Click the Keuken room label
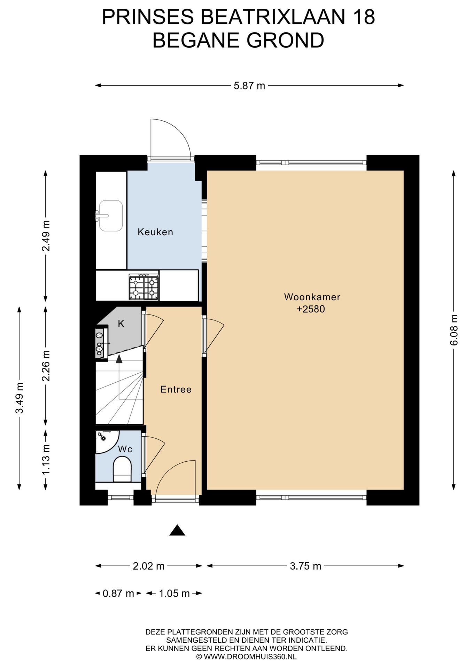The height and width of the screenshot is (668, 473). [155, 232]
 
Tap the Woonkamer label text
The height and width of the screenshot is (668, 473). [312, 297]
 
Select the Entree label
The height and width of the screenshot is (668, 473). [176, 389]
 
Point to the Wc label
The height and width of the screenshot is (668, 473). [125, 449]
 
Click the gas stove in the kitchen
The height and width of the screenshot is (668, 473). [144, 287]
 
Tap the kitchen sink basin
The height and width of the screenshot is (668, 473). [111, 216]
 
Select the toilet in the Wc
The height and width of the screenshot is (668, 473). [122, 469]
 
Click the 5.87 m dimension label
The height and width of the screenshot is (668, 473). [249, 86]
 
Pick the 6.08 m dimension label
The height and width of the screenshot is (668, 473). [453, 330]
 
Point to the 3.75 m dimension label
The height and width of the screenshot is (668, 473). [305, 566]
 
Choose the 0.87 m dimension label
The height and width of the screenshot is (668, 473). [118, 593]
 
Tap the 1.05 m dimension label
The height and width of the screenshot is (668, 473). [174, 593]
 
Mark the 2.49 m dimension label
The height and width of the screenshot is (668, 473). [46, 236]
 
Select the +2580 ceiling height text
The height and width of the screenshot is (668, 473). [311, 309]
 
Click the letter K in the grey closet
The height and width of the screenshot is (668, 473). [121, 324]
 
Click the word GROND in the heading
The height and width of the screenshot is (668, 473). [286, 40]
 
